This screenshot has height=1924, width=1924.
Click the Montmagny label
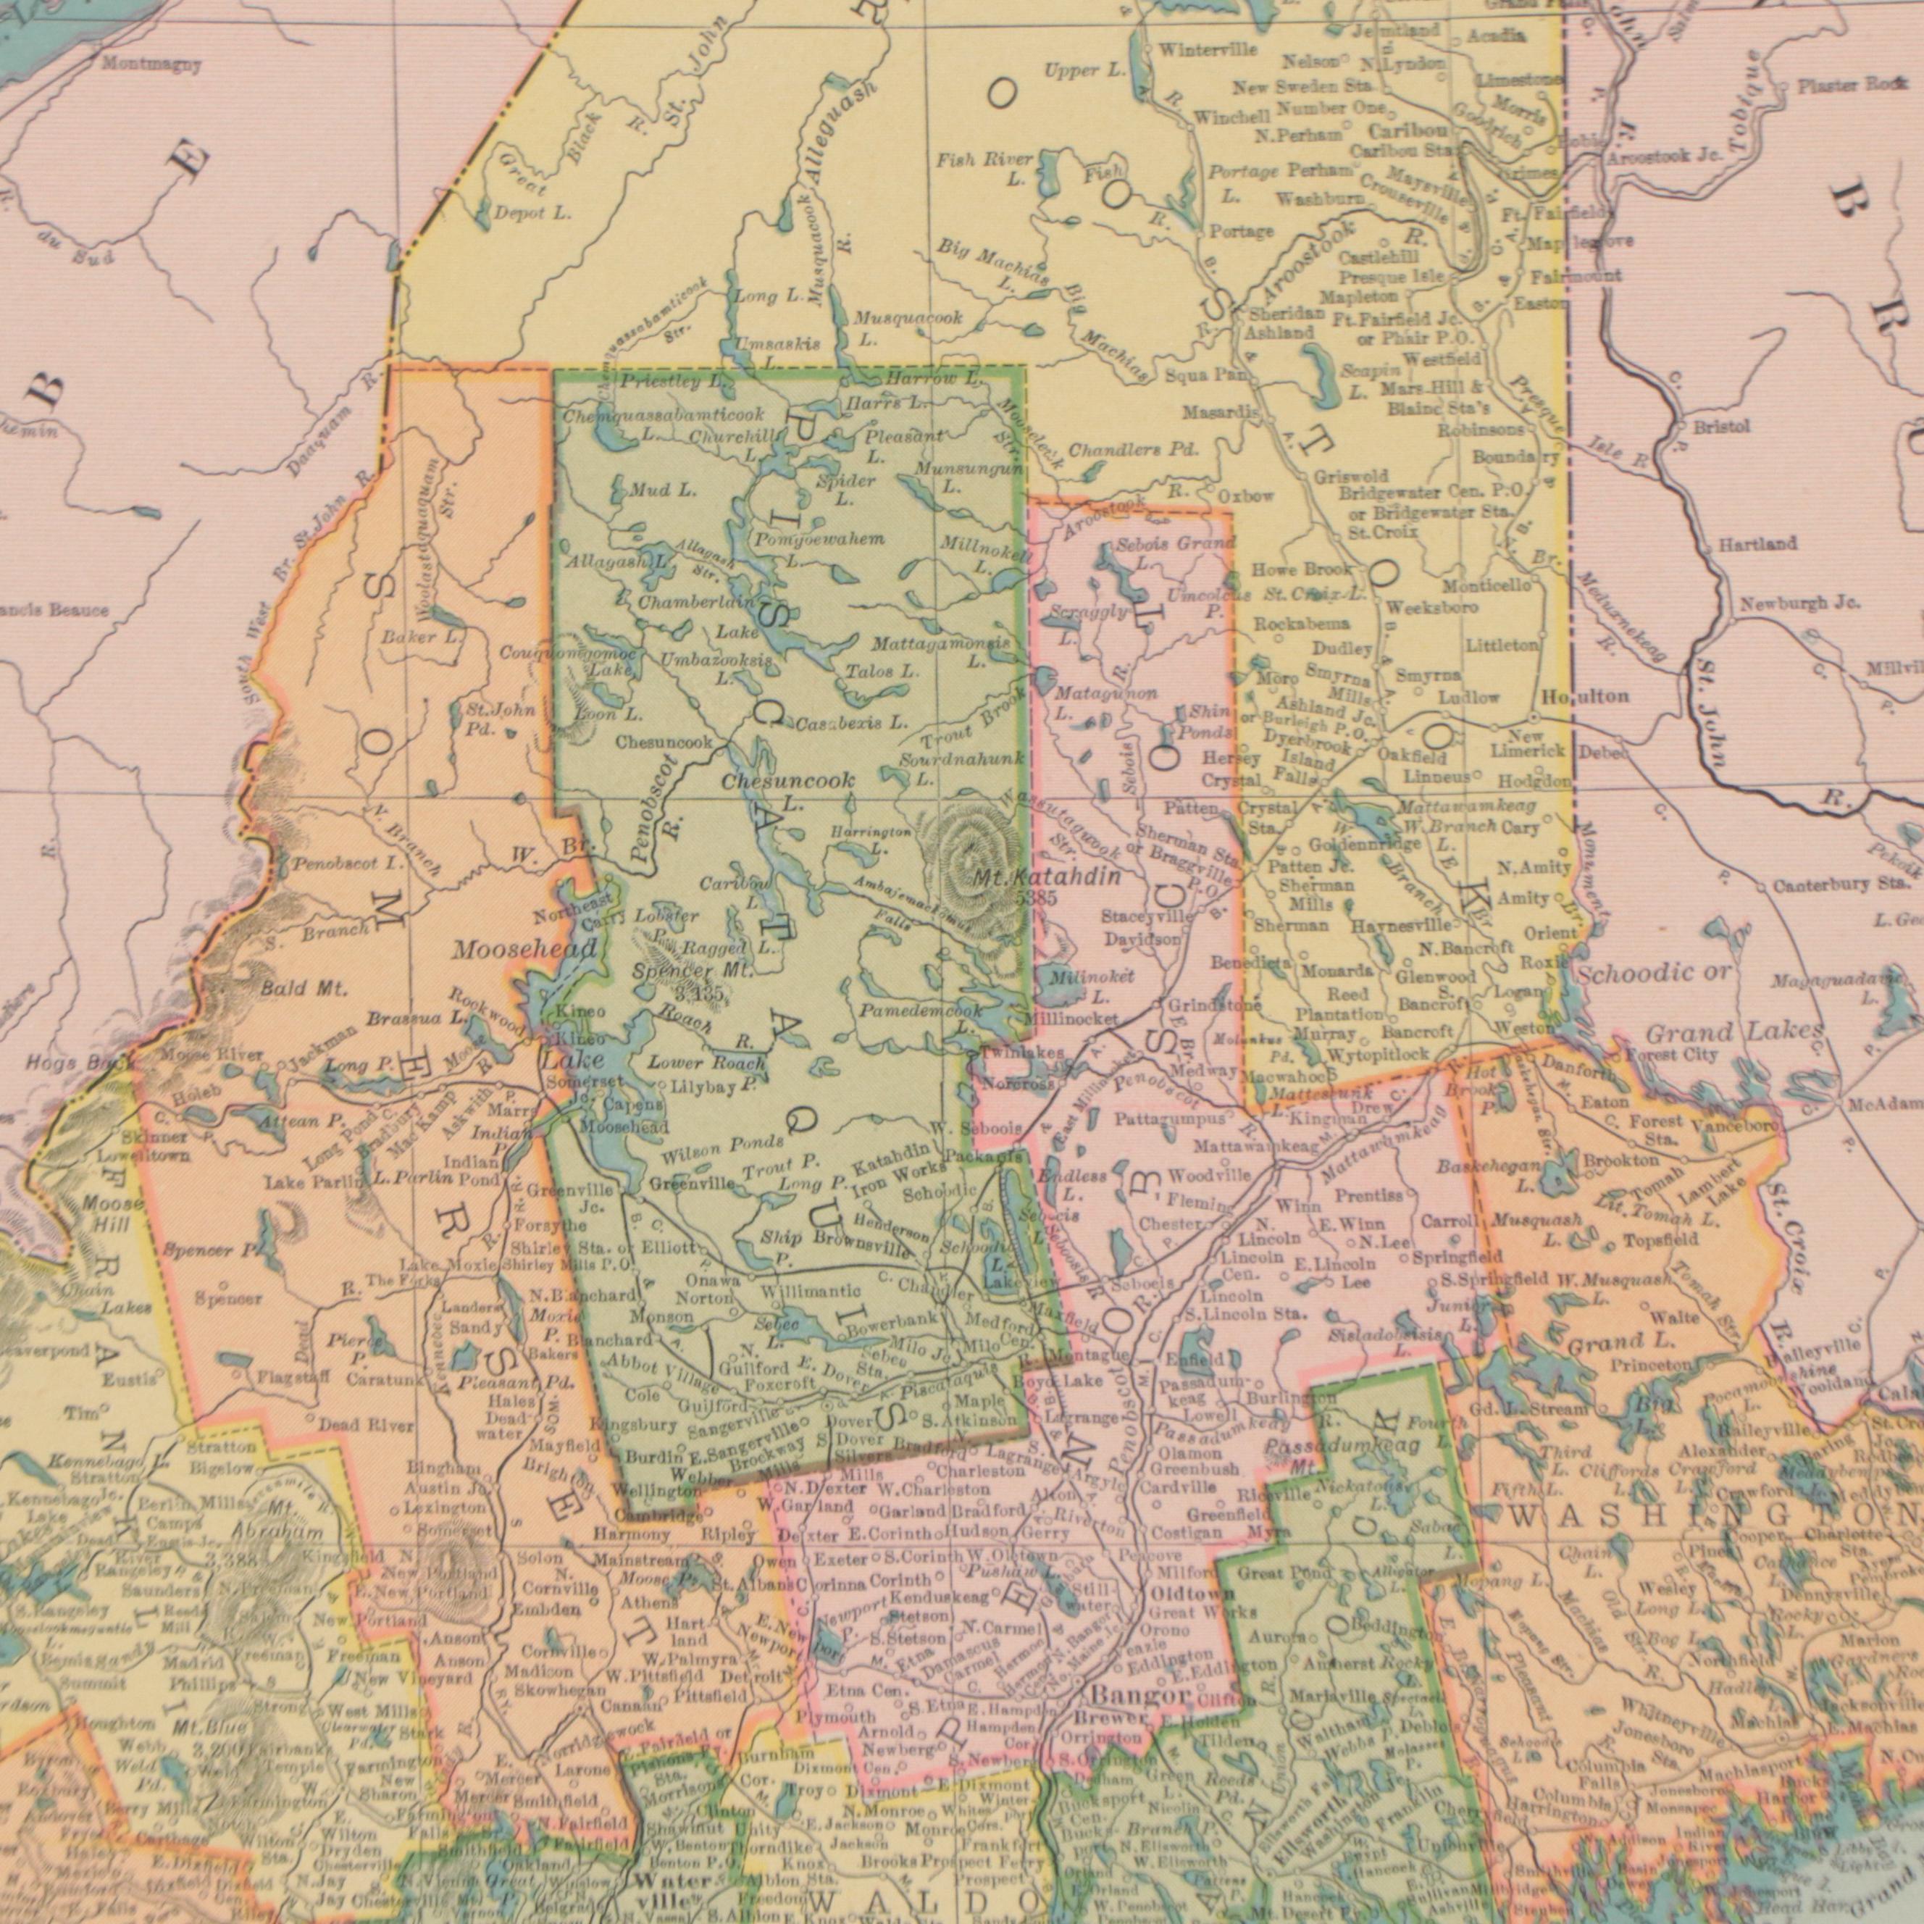click(151, 66)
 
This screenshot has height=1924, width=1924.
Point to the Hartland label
click(1756, 544)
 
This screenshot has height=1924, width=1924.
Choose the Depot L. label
click(534, 213)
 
